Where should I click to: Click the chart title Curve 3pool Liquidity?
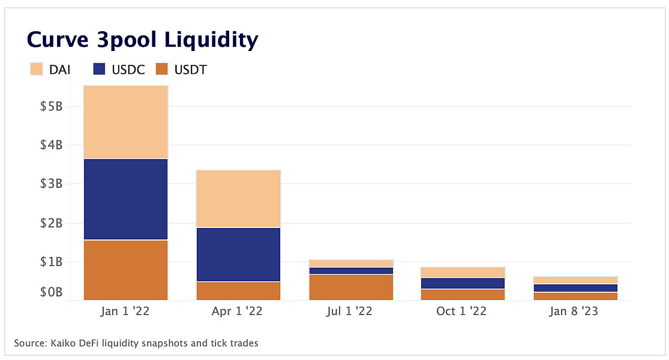point(142,40)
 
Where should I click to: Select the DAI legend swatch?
point(37,70)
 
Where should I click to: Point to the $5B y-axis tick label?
point(51,107)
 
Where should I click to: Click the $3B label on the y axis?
point(51,184)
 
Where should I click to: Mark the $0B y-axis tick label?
point(51,292)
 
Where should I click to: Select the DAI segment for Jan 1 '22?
point(125,122)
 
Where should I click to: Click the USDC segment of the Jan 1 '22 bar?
point(125,199)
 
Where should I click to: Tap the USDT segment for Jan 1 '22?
point(125,269)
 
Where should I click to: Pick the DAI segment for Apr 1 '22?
point(239,199)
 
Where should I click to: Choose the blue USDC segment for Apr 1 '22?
point(239,254)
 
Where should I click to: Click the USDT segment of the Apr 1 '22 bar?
point(239,290)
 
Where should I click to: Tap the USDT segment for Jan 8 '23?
point(575,296)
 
